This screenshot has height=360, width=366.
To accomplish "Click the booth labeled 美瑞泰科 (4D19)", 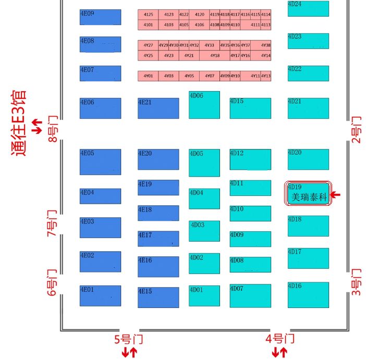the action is (x=308, y=194).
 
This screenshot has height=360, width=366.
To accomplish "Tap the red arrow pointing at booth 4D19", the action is (x=336, y=195).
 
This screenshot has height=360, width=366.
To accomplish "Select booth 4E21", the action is (x=158, y=108).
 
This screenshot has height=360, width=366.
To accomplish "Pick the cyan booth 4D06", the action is (x=204, y=105).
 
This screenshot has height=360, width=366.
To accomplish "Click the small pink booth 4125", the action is (x=148, y=15).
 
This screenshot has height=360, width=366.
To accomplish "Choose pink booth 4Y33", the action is (x=209, y=45).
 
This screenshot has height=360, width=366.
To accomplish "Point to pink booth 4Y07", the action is (x=209, y=76).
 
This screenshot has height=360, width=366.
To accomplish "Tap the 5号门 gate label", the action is (x=128, y=339).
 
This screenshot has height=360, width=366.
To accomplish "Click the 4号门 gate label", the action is (x=280, y=339).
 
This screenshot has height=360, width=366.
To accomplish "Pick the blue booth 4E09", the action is (x=100, y=17).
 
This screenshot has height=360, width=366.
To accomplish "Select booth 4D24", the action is (x=308, y=8).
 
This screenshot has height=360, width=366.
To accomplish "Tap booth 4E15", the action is (x=158, y=296).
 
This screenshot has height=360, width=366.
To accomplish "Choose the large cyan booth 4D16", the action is (x=308, y=294).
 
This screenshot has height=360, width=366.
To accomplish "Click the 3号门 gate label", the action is (x=356, y=281).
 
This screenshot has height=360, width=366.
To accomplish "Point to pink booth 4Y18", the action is (x=214, y=56).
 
